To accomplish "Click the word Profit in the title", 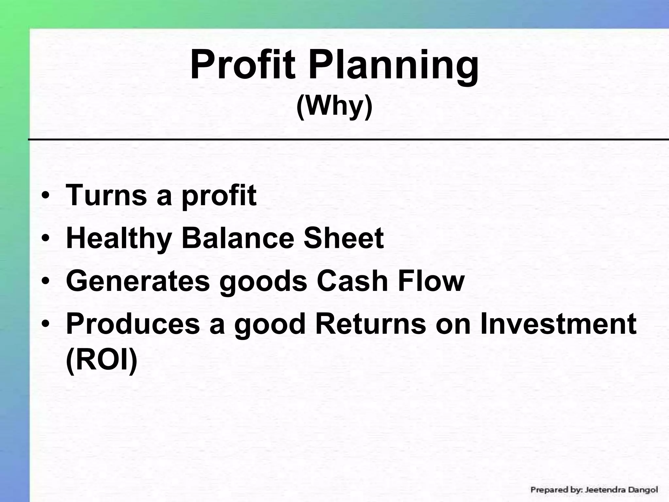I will pyautogui.click(x=242, y=64).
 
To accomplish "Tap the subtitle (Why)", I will pyautogui.click(x=334, y=107).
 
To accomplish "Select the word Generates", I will pyautogui.click(x=138, y=281).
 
